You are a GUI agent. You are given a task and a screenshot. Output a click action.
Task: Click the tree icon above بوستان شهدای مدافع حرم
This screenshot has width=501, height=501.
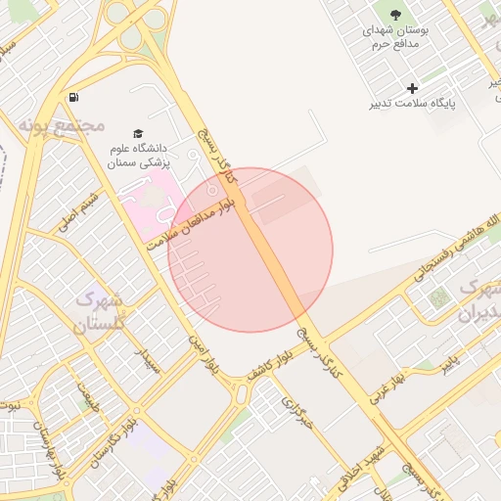[395, 15]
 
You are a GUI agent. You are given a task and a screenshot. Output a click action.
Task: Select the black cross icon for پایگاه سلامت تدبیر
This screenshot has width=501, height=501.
[412, 88]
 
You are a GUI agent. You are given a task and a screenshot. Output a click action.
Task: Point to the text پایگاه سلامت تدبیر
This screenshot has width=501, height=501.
[413, 103]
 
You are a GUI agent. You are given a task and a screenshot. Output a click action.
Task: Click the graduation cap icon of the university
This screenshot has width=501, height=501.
[138, 134]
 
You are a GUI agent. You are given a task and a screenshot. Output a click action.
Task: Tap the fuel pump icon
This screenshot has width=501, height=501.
[73, 97]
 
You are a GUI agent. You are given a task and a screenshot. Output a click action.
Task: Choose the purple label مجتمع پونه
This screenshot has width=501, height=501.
[61, 126]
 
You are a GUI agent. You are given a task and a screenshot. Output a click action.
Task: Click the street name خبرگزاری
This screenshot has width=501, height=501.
[296, 415]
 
